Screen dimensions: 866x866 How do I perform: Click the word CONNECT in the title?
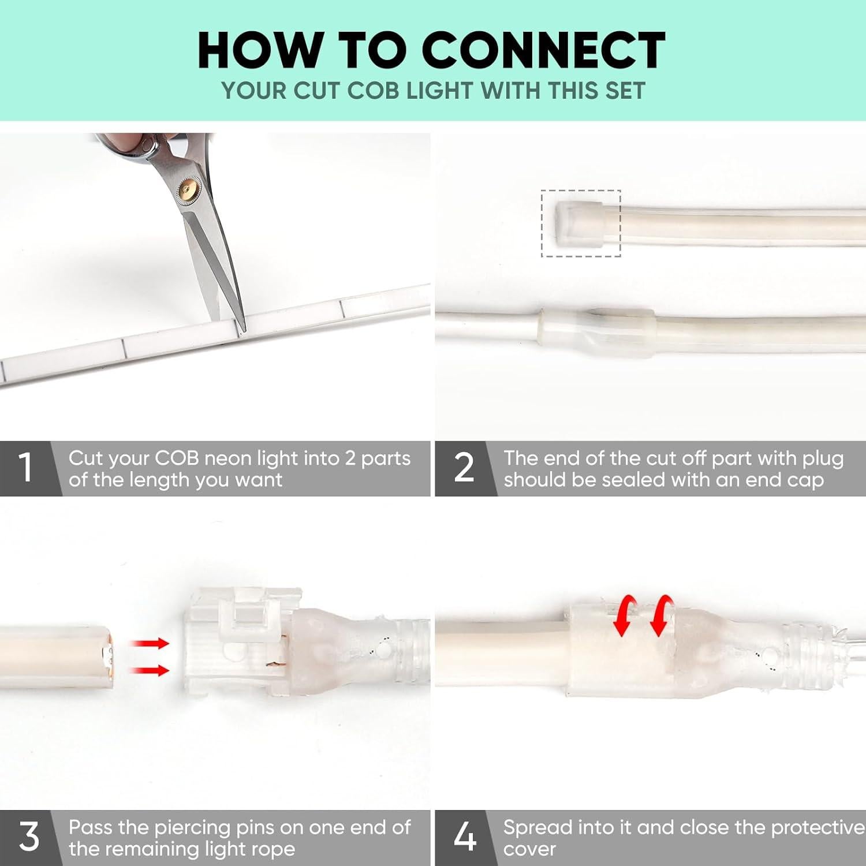(544, 50)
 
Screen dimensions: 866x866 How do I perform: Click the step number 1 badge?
(25, 467)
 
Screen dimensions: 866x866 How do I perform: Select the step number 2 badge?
(464, 467)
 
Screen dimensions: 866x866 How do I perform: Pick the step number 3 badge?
(28, 837)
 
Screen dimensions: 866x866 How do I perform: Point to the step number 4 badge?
(465, 837)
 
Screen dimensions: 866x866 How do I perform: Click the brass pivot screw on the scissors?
(186, 187)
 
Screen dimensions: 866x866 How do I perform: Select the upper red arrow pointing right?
(150, 643)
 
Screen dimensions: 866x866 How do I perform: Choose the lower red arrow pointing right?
(150, 670)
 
